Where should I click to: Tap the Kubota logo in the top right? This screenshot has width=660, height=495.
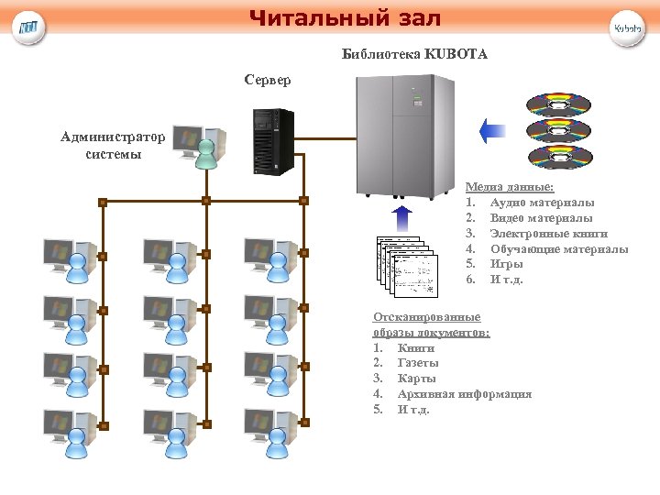(628, 27)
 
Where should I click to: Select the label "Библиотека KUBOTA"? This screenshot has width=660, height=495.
(414, 55)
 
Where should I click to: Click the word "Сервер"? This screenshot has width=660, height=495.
(268, 81)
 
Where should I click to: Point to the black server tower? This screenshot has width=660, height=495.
(274, 141)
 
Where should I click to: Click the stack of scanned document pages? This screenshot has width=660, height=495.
(404, 266)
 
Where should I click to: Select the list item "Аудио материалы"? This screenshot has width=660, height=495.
(542, 202)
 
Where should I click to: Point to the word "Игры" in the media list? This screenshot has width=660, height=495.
(506, 264)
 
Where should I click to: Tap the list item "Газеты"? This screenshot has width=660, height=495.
(418, 363)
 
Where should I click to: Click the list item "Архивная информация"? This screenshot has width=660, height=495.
(465, 394)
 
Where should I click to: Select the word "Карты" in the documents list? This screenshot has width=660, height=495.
(417, 379)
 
